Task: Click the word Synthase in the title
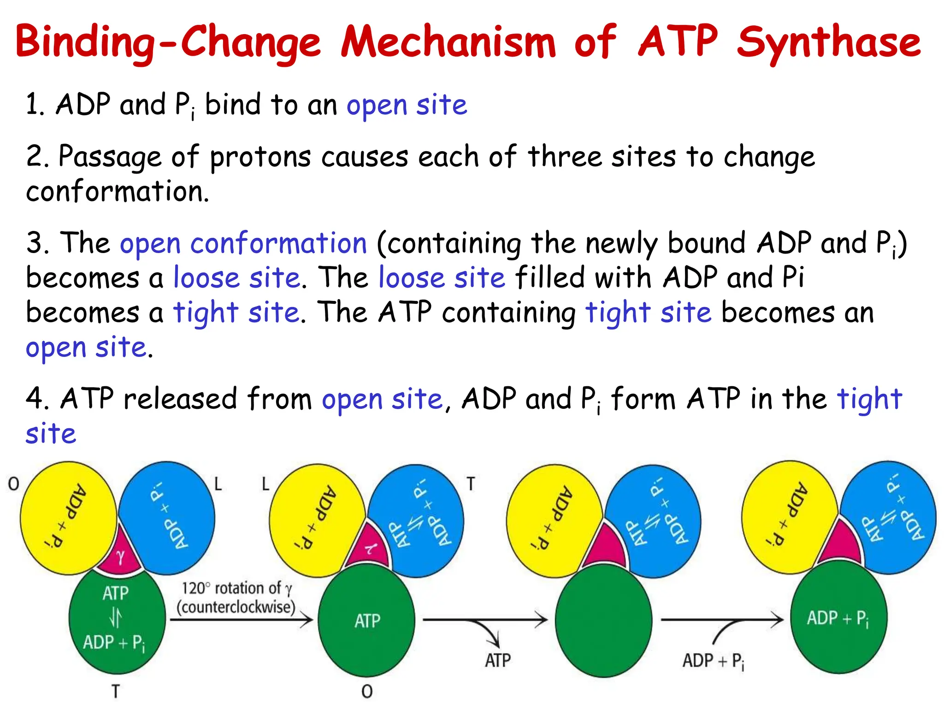click(828, 42)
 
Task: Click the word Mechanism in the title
click(448, 42)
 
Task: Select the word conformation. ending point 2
click(118, 191)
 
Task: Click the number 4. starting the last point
click(37, 399)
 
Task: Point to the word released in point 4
click(180, 399)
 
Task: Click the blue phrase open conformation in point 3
click(243, 243)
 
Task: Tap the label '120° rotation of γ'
click(236, 589)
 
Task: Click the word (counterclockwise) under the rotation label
click(236, 607)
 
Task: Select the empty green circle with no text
click(603, 620)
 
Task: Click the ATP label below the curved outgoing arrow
click(498, 661)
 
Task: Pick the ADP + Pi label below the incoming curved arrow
click(713, 661)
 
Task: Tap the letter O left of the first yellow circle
click(14, 484)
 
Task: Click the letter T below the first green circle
click(116, 691)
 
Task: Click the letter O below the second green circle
click(367, 691)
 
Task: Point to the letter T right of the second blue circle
click(471, 484)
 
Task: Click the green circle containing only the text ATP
click(367, 621)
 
